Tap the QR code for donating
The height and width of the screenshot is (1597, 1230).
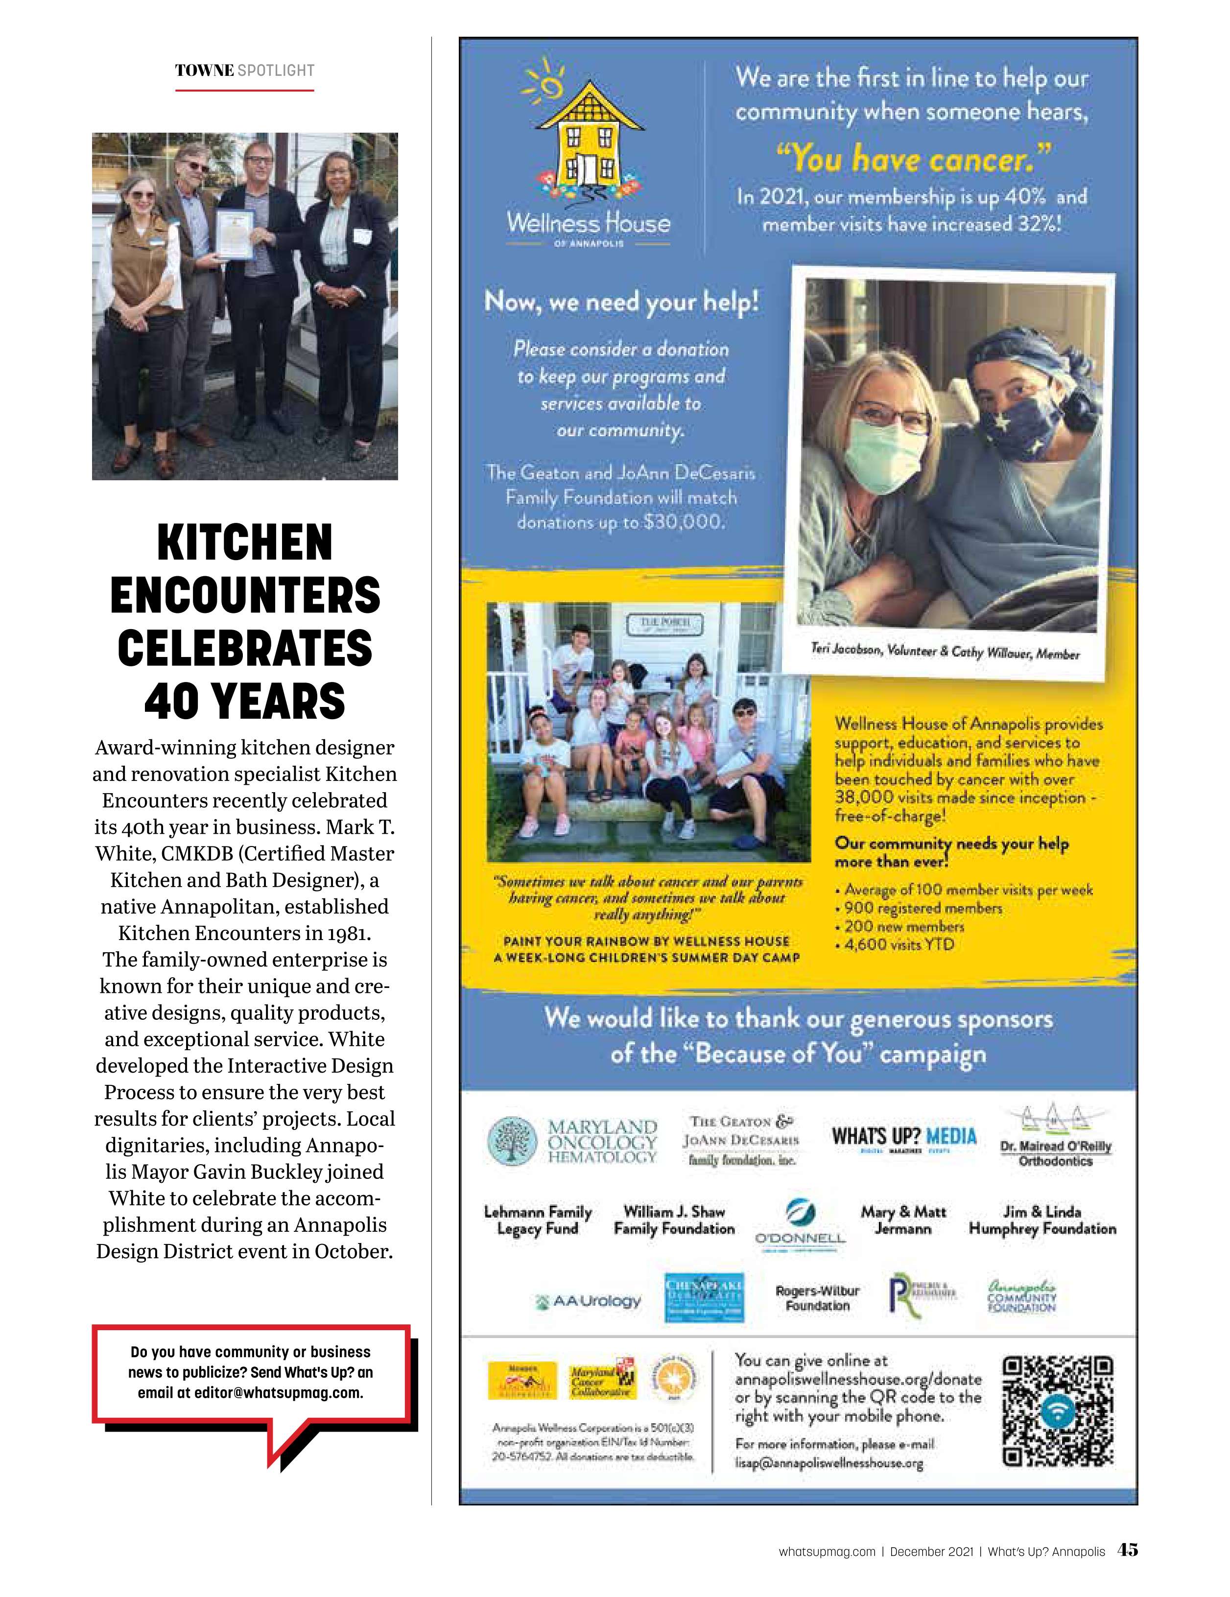1058,1412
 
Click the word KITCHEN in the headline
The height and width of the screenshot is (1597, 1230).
244,542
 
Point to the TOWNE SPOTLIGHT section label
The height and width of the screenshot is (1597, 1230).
244,71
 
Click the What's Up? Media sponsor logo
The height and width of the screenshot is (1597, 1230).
904,1137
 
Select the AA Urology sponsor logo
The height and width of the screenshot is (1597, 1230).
590,1301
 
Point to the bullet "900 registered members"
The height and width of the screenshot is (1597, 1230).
922,908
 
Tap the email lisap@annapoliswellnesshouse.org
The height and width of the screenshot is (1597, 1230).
829,1463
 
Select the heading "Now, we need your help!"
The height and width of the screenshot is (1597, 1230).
621,301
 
